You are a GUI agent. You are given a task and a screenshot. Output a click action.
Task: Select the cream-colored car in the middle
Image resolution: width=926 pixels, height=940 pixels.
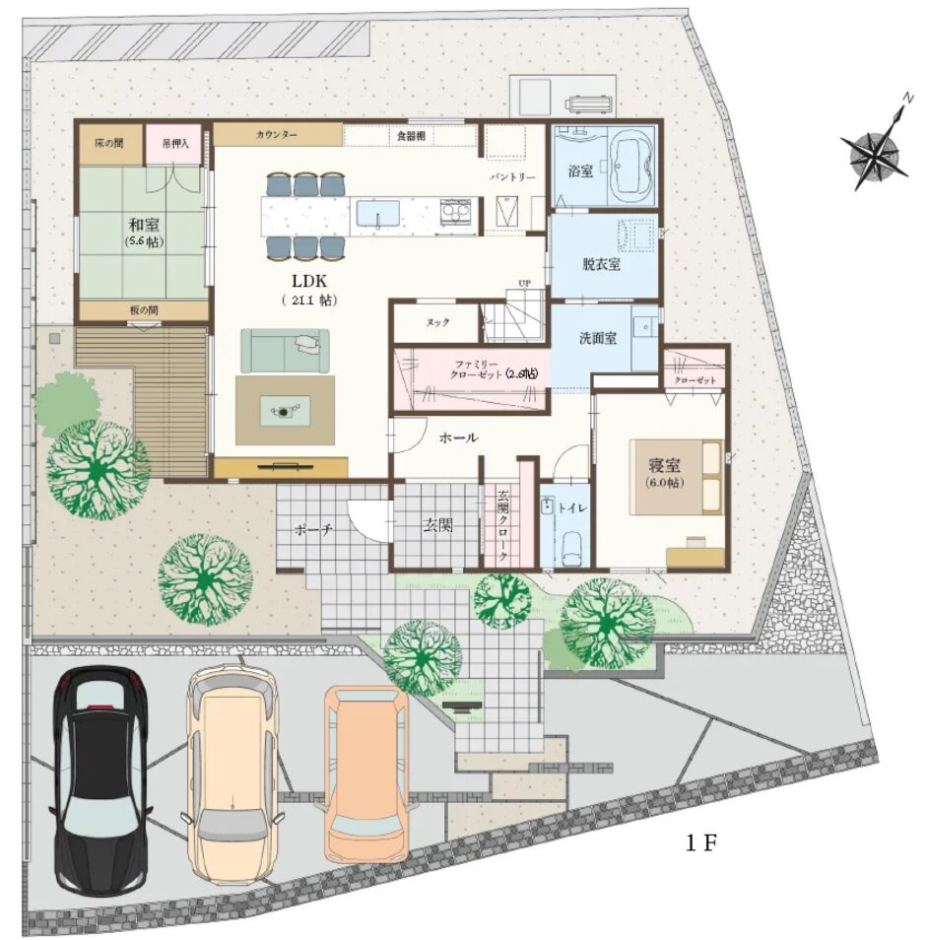coord(233,774)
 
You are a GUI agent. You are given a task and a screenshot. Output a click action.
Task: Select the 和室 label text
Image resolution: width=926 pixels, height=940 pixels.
coord(144,225)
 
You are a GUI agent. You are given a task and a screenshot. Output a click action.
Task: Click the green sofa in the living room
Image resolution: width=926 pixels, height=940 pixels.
coord(285,351)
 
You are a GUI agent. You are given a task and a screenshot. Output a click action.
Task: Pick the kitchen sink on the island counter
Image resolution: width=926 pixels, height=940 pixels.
coord(378,214)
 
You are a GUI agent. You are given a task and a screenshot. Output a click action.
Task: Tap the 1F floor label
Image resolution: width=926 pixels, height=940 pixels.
coord(701,842)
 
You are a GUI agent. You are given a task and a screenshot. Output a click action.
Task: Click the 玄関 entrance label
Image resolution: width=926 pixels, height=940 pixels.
coord(437,525)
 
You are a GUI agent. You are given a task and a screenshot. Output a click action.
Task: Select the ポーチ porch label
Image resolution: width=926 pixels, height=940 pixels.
coord(313,530)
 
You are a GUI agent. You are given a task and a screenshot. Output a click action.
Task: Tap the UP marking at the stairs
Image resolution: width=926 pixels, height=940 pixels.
coord(524,283)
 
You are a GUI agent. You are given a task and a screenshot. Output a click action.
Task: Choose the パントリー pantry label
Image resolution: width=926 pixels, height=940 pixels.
coord(512,178)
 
